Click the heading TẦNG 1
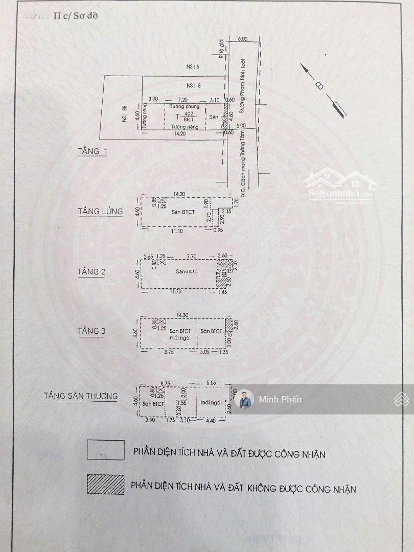tap(93, 151)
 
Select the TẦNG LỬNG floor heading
tap(100, 211)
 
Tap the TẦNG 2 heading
tap(91, 271)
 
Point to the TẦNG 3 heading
tap(91, 331)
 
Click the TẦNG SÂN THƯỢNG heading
tap(80, 396)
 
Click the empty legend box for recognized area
tap(105, 450)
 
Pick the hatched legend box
tap(105, 485)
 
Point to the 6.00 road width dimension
tap(242, 39)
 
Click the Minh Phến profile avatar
tap(244, 400)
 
